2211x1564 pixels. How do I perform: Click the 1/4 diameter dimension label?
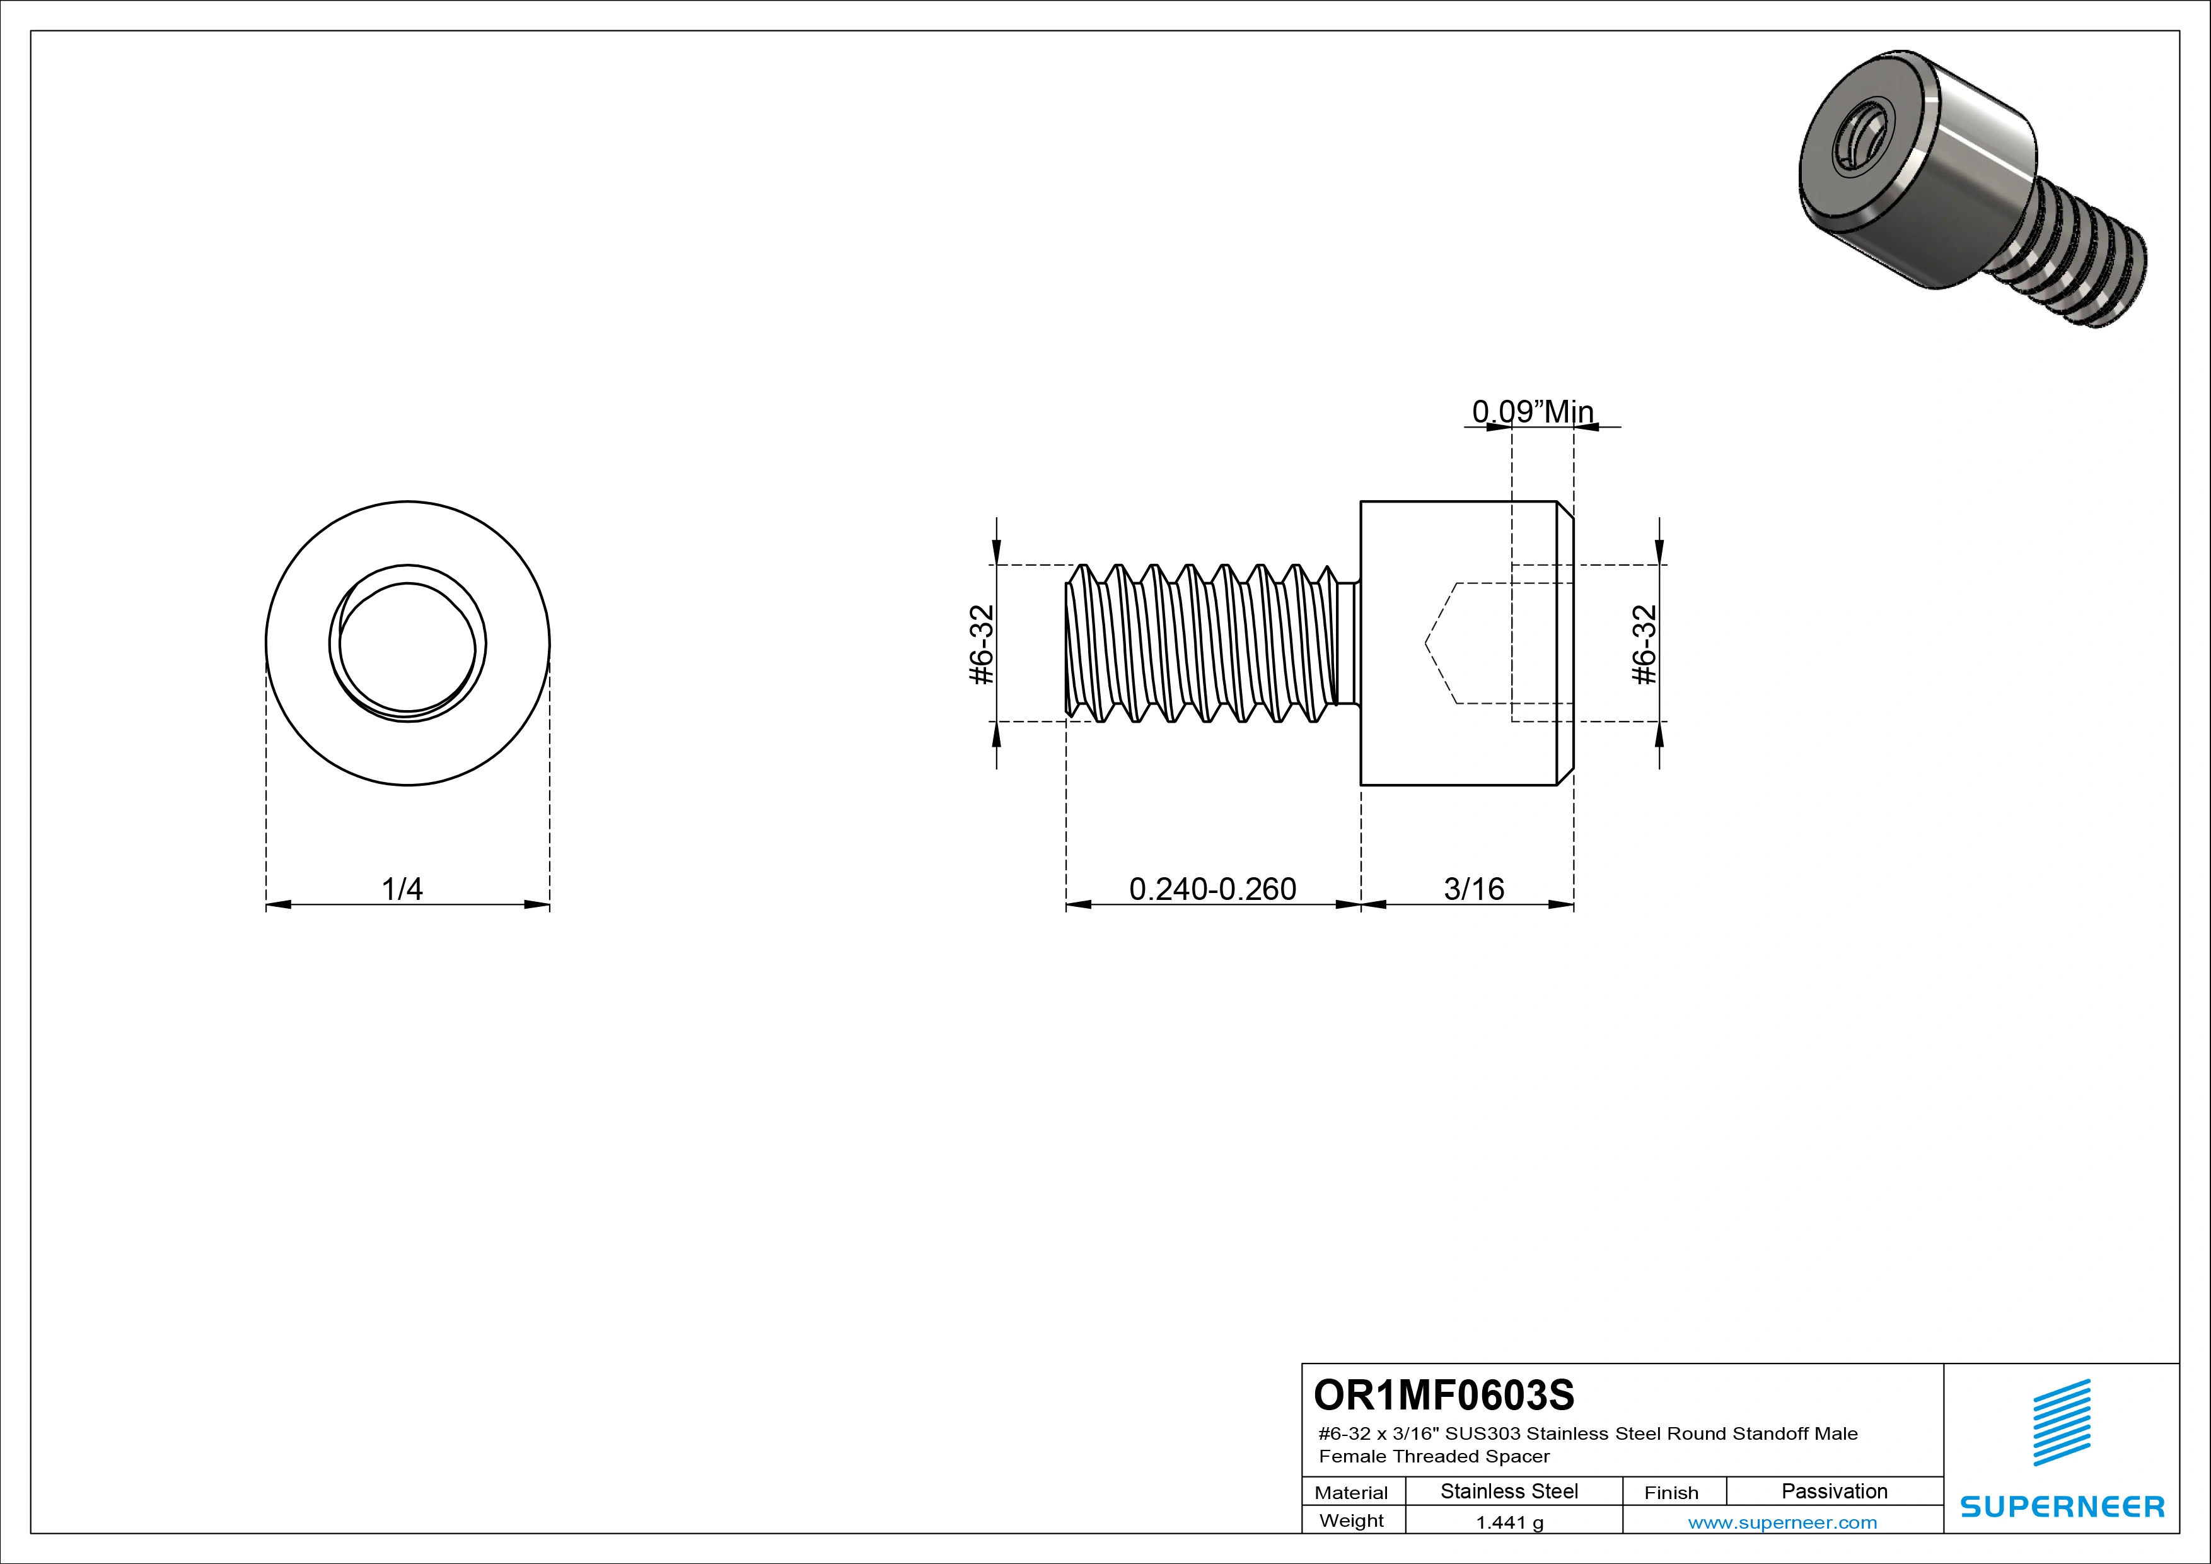click(402, 888)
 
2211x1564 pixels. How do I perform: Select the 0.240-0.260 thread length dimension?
click(1212, 888)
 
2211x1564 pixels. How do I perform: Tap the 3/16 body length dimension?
click(1473, 888)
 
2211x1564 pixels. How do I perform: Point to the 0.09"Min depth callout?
click(1532, 411)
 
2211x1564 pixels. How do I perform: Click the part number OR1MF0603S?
click(1444, 1394)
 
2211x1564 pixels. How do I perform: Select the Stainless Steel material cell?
click(1509, 1491)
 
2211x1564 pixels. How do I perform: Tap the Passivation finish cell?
click(1833, 1491)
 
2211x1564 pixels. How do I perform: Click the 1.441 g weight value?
click(1509, 1522)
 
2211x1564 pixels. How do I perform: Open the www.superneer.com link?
click(1782, 1522)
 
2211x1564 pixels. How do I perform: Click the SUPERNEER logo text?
click(2062, 1506)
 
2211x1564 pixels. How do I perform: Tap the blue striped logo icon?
click(2062, 1423)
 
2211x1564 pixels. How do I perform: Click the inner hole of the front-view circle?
click(407, 645)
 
